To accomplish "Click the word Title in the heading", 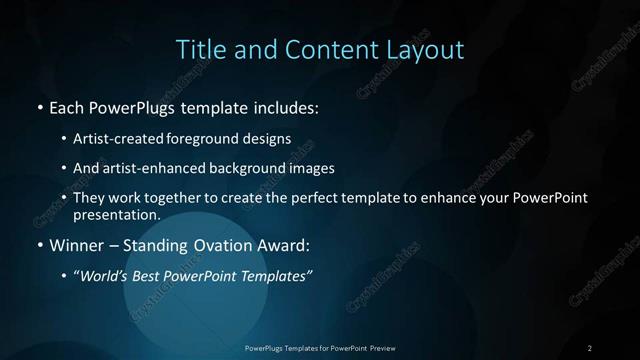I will tap(201, 49).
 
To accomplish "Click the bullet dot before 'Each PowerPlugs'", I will tap(39, 107).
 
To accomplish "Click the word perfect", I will tap(315, 198).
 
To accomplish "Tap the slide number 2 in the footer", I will tap(590, 347).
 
